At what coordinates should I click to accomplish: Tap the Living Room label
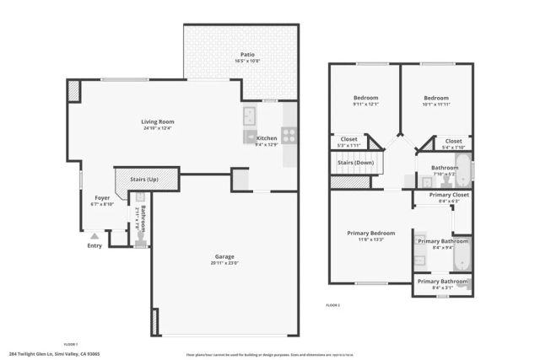pos(158,121)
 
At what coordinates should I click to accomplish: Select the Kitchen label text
pos(267,138)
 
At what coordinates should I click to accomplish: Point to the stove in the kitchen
pos(289,133)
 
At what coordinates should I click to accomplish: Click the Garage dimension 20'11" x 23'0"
pos(224,263)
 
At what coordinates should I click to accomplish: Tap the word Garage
pos(224,256)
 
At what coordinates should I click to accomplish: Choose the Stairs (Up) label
pos(143,180)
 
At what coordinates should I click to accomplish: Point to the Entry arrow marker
pos(94,237)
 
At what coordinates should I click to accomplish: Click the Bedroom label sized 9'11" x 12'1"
pos(364,98)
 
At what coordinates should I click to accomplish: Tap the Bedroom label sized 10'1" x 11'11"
pos(435,98)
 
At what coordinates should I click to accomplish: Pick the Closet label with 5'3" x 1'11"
pos(348,140)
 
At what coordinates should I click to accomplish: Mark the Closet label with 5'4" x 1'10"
pos(453,141)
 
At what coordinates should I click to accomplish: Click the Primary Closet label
pos(449,195)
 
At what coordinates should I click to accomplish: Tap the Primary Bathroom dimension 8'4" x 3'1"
pos(442,287)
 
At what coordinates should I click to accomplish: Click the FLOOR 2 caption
pos(332,304)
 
